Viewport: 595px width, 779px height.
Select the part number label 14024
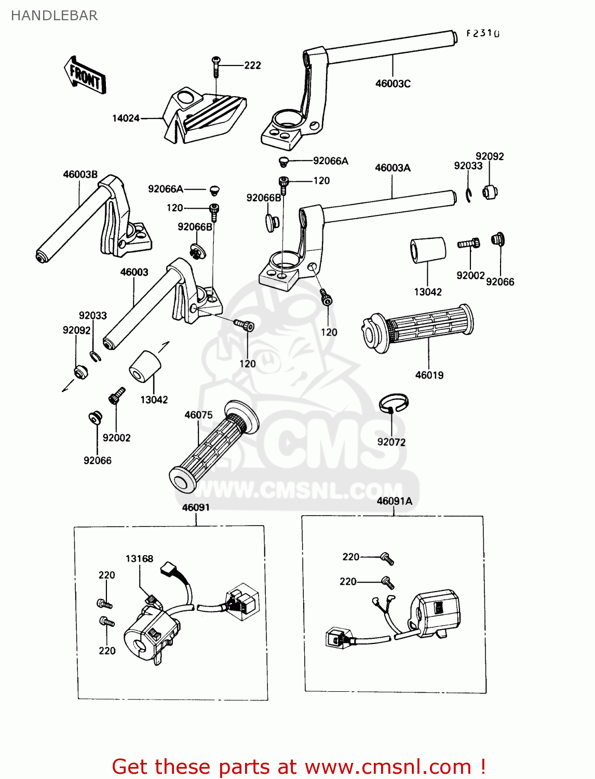point(126,118)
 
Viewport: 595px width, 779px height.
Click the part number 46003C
point(393,84)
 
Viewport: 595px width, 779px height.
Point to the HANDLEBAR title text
point(55,16)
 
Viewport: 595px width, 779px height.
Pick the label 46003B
point(80,174)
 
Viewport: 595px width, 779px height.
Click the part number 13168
point(139,559)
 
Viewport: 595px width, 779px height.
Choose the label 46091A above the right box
point(394,501)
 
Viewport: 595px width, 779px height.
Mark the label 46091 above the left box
point(196,507)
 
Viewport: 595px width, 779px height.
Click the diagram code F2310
point(482,34)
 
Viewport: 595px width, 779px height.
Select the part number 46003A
point(393,168)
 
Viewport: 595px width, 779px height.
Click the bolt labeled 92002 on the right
point(469,243)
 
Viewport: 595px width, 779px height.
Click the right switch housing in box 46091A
point(435,613)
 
